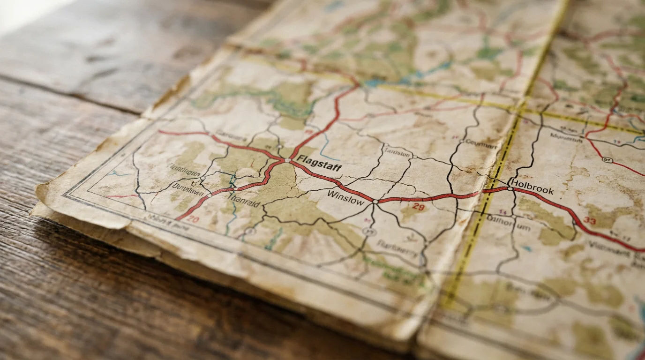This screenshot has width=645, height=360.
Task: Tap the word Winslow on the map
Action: pyautogui.click(x=345, y=197)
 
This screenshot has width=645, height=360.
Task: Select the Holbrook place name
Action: pyautogui.click(x=532, y=187)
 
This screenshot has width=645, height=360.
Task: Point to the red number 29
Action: pyautogui.click(x=419, y=207)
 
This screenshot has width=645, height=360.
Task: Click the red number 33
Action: pyautogui.click(x=590, y=221)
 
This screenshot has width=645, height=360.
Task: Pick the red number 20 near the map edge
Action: pyautogui.click(x=193, y=219)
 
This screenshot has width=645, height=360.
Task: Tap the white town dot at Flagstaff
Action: pyautogui.click(x=287, y=160)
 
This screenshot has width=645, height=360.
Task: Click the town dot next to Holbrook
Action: pyautogui.click(x=510, y=188)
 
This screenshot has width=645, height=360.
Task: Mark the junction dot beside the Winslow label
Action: pyautogui.click(x=375, y=202)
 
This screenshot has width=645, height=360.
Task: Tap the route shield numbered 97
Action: pyautogui.click(x=607, y=160)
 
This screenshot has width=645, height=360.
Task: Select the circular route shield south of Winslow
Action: pyautogui.click(x=369, y=232)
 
